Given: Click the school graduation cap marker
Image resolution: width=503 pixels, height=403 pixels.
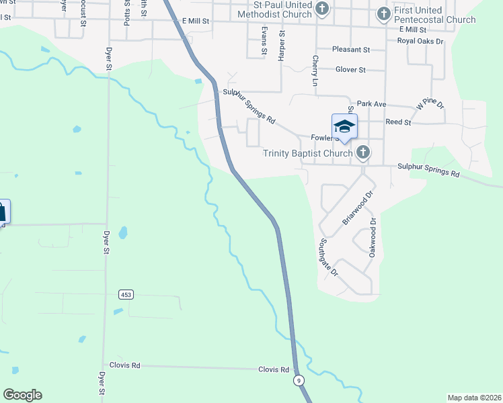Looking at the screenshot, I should (344, 126).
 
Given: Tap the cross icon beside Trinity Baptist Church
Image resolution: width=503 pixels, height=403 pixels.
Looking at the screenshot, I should (363, 152).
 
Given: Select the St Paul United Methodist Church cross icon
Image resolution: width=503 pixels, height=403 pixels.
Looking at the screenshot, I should (323, 9).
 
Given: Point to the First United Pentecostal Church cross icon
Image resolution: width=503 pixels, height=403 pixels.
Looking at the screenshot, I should (383, 13).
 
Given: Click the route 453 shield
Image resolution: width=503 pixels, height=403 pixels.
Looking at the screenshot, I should (125, 294).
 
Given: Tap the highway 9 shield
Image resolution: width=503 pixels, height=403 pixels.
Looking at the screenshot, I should (298, 381).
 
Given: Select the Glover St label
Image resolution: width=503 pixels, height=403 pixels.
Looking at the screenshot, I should (350, 70).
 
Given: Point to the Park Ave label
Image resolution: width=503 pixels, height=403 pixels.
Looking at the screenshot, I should (371, 104).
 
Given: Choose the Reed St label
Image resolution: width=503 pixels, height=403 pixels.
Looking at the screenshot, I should (398, 122).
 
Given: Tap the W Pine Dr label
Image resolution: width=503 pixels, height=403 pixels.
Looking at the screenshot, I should (430, 104).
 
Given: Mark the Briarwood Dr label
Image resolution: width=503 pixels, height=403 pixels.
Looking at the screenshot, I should (357, 209).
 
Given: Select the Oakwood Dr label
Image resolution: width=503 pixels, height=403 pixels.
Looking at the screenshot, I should (372, 237).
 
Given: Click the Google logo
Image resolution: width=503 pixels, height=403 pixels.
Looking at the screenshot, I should (22, 395).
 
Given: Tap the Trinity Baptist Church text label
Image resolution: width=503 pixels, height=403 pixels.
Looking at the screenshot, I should (307, 153).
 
